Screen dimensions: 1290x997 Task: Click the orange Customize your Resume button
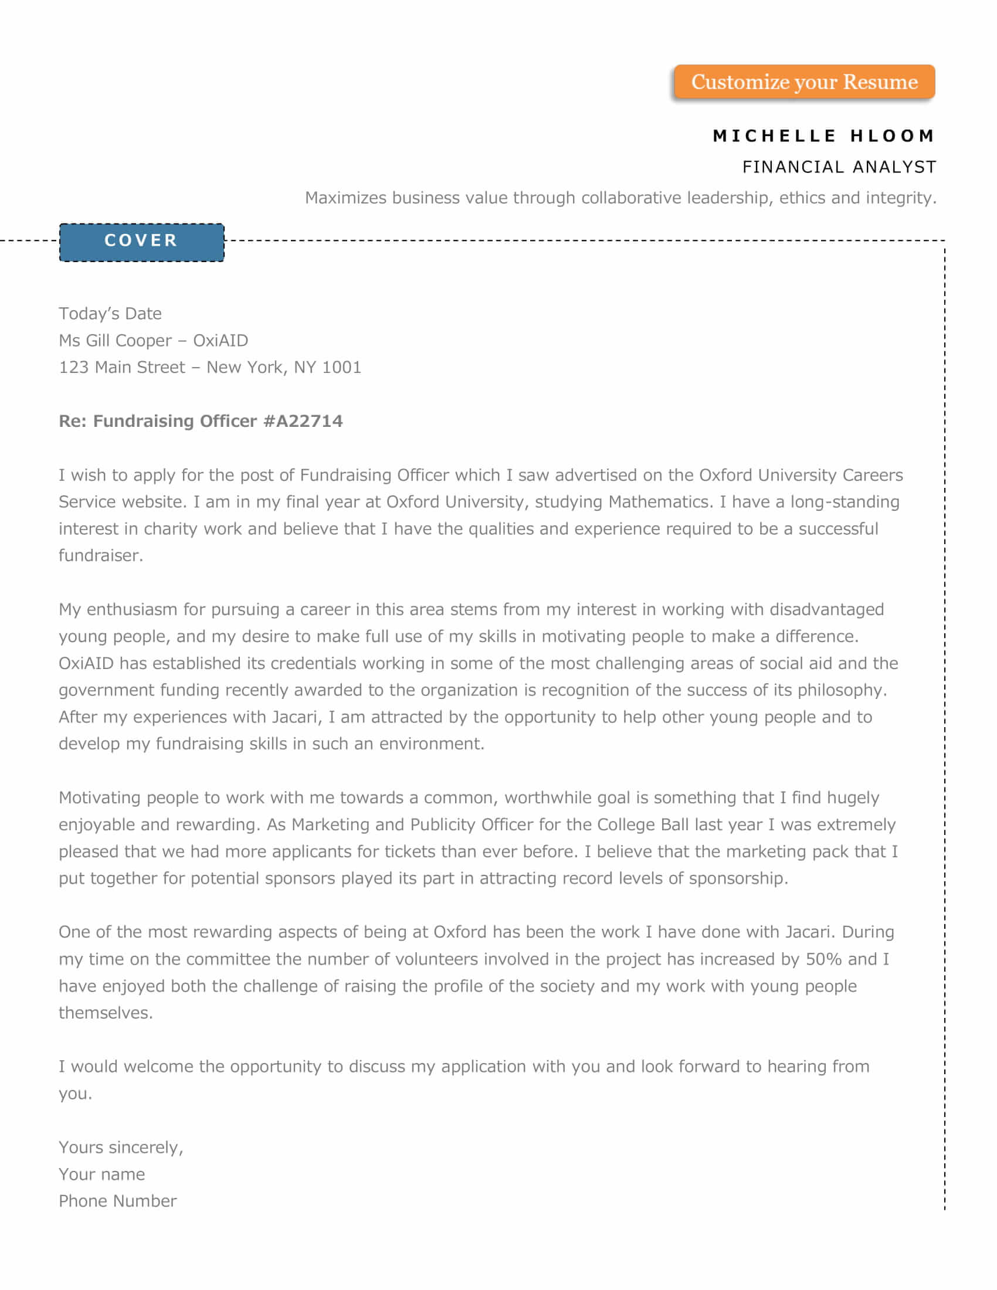tap(804, 82)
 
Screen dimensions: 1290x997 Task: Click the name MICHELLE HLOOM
tap(823, 136)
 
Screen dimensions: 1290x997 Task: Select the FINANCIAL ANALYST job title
tap(839, 167)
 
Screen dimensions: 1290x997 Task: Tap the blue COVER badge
tap(142, 241)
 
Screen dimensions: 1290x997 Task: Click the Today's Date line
tap(110, 314)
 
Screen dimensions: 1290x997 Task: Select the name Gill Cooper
tap(129, 341)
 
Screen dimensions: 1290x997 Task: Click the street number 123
tap(73, 368)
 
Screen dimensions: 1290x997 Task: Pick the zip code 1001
tap(341, 368)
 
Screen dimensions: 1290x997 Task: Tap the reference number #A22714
tap(303, 421)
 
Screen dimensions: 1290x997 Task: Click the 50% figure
tap(823, 959)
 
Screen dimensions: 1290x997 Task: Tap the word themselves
tap(104, 1013)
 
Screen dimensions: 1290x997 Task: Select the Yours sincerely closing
tap(120, 1148)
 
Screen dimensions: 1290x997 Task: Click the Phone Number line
tap(117, 1201)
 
